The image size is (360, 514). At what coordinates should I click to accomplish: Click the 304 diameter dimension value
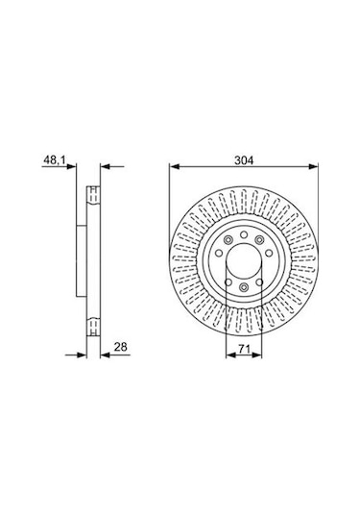(244, 160)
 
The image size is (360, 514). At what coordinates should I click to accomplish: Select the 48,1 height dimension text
(55, 160)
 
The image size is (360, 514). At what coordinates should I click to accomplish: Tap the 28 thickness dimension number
(121, 347)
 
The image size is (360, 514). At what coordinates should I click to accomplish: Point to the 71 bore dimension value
(244, 350)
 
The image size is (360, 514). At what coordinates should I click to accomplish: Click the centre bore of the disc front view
(244, 261)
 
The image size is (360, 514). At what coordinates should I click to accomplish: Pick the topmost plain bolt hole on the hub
(244, 234)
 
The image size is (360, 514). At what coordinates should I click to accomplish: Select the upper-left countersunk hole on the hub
(228, 240)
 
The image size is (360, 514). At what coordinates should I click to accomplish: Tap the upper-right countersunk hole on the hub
(259, 240)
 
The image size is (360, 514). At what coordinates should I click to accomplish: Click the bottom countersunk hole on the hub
(244, 287)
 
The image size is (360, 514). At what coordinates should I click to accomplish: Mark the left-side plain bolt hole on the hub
(219, 253)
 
